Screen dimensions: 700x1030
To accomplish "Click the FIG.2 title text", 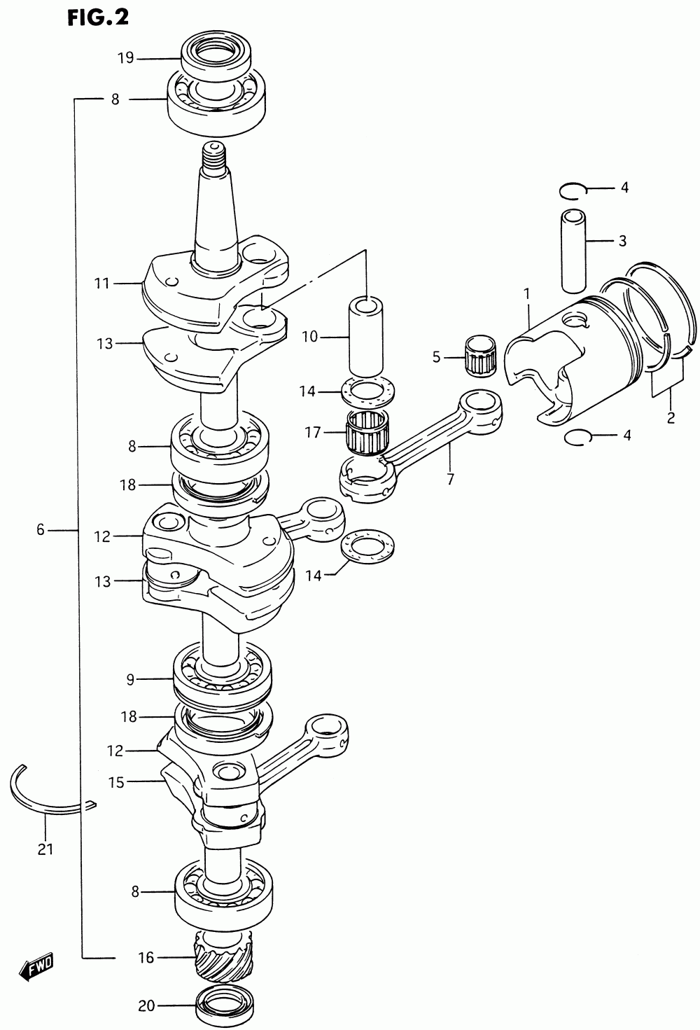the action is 98,17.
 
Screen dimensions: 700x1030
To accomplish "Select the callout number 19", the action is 125,58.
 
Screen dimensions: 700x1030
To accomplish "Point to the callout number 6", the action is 40,529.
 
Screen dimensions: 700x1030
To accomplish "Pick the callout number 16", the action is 146,957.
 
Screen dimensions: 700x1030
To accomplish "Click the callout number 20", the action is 146,1006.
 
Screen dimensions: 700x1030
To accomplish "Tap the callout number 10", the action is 309,337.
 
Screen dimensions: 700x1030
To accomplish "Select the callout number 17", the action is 312,433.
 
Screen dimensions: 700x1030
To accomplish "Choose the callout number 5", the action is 436,357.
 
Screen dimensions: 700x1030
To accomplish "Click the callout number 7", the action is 450,480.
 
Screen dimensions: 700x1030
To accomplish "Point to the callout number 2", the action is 670,419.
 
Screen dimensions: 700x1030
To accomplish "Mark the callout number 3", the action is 622,242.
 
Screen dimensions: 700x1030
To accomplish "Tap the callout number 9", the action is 130,678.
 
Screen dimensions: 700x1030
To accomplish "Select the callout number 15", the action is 116,781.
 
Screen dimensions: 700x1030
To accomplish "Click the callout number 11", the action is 103,284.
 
